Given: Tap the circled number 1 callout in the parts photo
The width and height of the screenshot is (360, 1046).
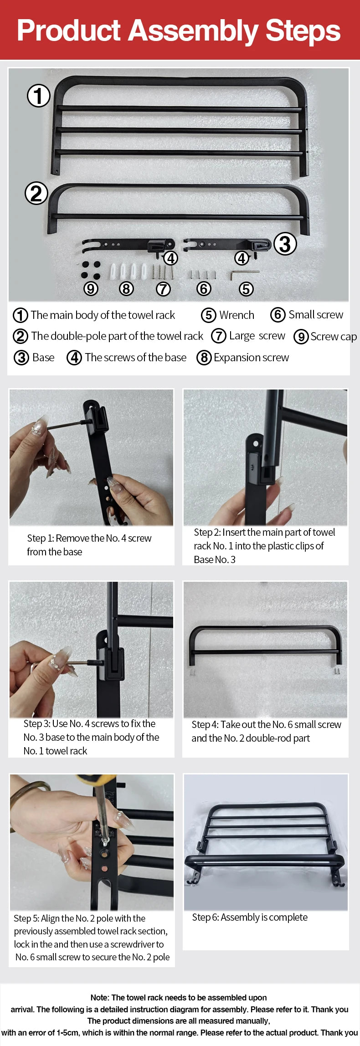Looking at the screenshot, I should point(39,96).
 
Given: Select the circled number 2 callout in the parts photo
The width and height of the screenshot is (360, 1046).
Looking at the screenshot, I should point(36,194).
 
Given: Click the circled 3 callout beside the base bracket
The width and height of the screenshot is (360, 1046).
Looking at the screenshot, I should point(285,244).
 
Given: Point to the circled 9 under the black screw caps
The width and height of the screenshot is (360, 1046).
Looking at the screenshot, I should point(91,289).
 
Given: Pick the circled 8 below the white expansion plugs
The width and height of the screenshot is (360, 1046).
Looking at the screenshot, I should point(126,289).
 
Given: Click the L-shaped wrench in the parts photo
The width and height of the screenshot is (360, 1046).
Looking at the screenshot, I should point(244,274).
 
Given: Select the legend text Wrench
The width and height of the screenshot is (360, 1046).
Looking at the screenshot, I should point(237,315).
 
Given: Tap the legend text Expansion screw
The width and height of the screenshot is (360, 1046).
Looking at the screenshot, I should point(251,358).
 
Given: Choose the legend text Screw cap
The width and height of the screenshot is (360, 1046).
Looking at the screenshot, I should point(333,337).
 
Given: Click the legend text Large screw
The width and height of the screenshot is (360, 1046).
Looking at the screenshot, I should point(257,336).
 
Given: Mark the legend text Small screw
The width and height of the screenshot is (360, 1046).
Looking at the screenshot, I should point(316,314).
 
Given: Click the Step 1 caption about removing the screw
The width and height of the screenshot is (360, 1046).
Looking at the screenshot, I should point(89,545).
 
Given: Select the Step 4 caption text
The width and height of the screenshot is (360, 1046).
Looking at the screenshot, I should point(266,731).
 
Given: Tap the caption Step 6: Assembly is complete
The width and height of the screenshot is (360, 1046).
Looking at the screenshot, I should point(250,917).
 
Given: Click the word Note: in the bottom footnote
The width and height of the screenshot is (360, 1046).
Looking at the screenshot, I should point(100,997).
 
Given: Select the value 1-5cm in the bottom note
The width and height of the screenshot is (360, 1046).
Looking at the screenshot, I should point(68,1032).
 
